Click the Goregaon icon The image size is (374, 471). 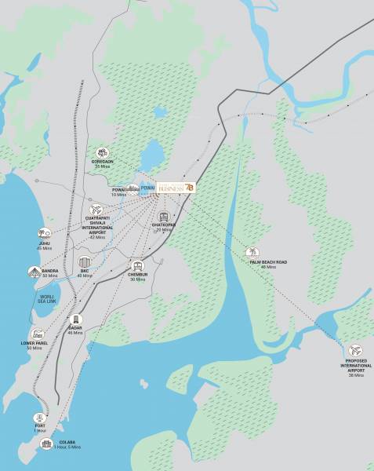click(102, 153)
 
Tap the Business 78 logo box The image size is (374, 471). click(176, 188)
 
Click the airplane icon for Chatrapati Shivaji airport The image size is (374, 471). click(96, 210)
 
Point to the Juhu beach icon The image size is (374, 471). click(45, 233)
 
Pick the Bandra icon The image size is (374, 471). click(34, 272)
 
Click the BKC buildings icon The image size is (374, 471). click(85, 263)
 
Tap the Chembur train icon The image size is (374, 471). click(138, 267)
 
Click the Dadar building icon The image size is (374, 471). click(76, 320)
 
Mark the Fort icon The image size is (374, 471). click(40, 417)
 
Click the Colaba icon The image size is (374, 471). click(46, 444)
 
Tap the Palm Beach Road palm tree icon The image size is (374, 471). click(252, 253)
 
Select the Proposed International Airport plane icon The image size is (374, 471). click(357, 351)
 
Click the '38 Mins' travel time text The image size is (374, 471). click(356, 375)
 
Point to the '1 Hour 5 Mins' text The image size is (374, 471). click(69, 447)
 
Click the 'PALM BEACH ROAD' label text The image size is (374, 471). click(268, 262)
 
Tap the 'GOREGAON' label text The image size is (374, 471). click(102, 162)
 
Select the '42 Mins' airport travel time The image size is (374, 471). click(97, 237)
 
